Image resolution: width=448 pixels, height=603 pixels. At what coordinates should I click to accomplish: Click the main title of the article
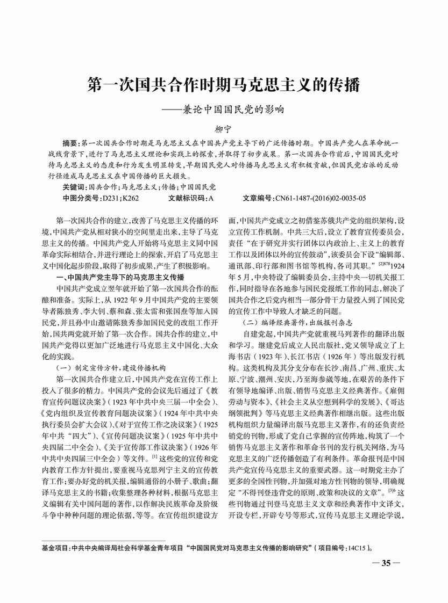[223, 85]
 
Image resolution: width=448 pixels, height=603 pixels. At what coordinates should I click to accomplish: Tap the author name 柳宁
[223, 129]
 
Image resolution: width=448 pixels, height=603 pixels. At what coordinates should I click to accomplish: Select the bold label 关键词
[73, 187]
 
